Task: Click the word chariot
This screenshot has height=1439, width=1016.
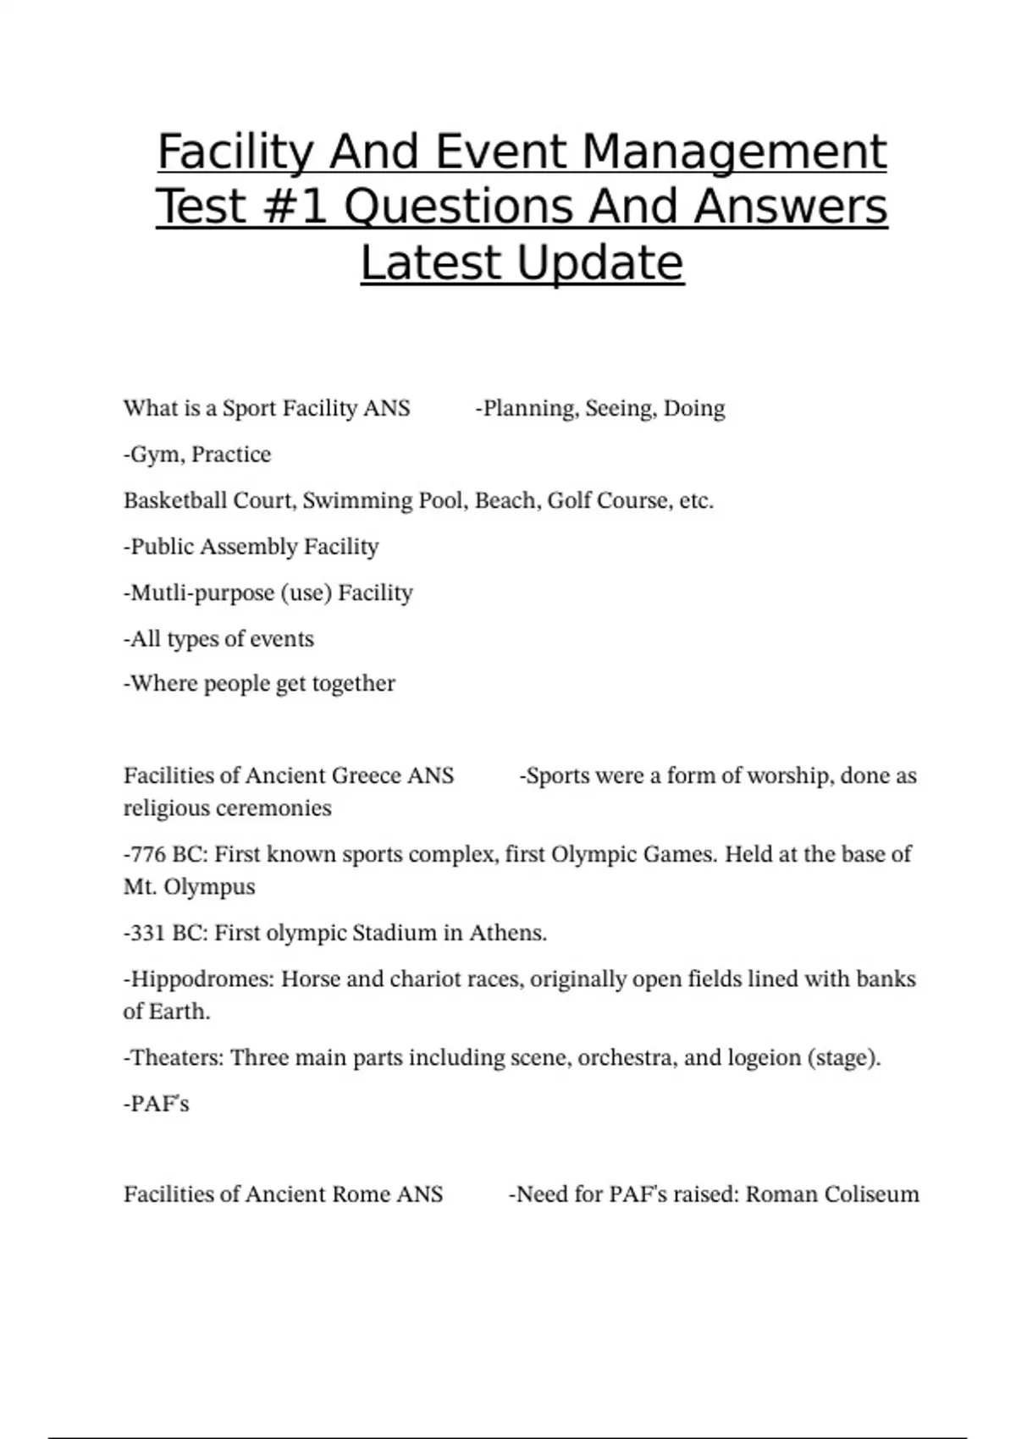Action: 428,979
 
